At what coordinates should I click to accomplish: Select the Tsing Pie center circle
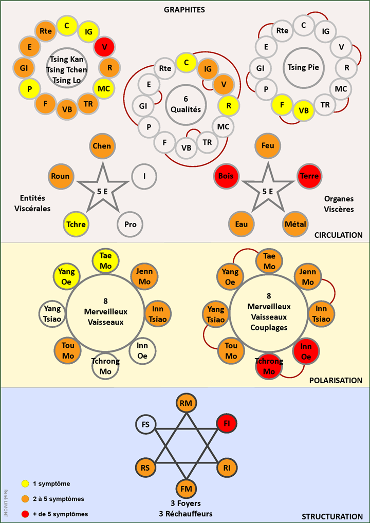(303, 67)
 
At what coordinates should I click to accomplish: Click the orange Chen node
(102, 146)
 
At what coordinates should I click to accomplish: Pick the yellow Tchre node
(75, 225)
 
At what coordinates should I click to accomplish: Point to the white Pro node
(130, 225)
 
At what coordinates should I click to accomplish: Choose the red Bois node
(226, 176)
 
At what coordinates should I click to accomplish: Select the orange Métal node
(295, 225)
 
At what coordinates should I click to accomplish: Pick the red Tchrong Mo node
(269, 366)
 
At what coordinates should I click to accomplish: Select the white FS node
(146, 424)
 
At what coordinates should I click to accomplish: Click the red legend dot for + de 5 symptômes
(24, 514)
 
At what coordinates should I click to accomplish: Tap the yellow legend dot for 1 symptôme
(24, 483)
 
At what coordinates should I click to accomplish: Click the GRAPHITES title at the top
(184, 9)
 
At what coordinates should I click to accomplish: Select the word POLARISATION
(336, 381)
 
